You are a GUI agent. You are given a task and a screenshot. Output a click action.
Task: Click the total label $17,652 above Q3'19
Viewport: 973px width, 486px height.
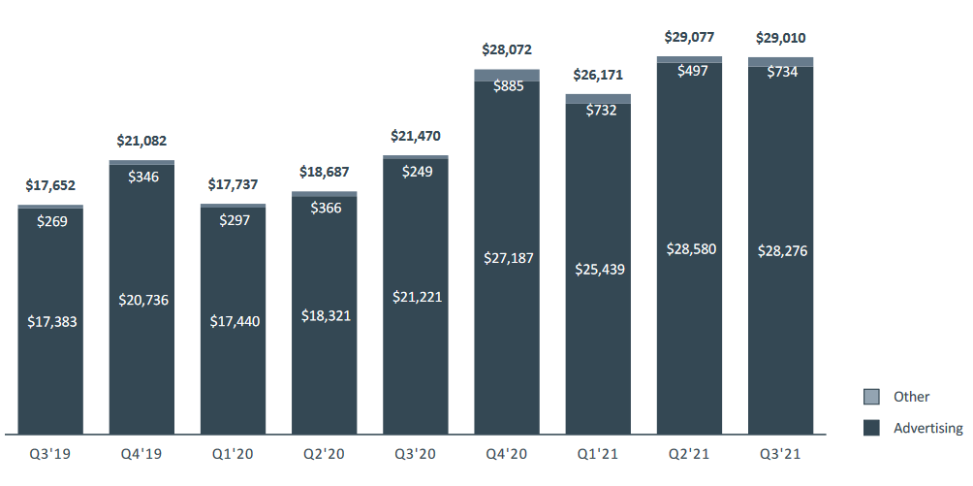(50, 186)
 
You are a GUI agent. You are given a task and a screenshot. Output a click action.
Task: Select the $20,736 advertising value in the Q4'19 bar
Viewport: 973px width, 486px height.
(141, 300)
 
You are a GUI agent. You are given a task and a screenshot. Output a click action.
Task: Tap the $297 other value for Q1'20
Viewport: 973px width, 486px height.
(233, 220)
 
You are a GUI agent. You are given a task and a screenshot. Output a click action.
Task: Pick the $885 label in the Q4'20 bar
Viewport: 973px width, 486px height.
(507, 85)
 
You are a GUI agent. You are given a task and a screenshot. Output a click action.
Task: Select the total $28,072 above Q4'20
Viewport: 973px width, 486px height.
(507, 49)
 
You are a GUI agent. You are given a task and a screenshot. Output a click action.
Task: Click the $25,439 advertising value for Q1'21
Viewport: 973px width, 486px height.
(598, 269)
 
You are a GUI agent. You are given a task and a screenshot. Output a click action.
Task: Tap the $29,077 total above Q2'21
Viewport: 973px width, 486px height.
(689, 38)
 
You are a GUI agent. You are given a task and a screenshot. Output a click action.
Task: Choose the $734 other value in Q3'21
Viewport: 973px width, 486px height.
(780, 72)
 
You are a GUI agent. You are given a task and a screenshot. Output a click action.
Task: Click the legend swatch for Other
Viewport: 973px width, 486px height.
(871, 397)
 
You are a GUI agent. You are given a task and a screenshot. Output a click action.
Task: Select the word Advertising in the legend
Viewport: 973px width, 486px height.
(928, 428)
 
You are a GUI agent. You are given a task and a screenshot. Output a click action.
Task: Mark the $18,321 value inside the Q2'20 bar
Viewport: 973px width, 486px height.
(324, 316)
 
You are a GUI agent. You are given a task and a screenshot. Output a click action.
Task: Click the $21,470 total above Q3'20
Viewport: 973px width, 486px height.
(415, 137)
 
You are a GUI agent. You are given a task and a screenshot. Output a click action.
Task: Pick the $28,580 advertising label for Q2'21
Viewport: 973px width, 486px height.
(689, 249)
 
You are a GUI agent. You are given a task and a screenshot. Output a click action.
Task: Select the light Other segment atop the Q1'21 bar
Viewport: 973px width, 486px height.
(598, 99)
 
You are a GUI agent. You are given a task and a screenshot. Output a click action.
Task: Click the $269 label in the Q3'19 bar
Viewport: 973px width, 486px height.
(50, 221)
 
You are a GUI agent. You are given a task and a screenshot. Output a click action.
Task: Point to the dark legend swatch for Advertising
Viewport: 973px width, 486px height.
(871, 428)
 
